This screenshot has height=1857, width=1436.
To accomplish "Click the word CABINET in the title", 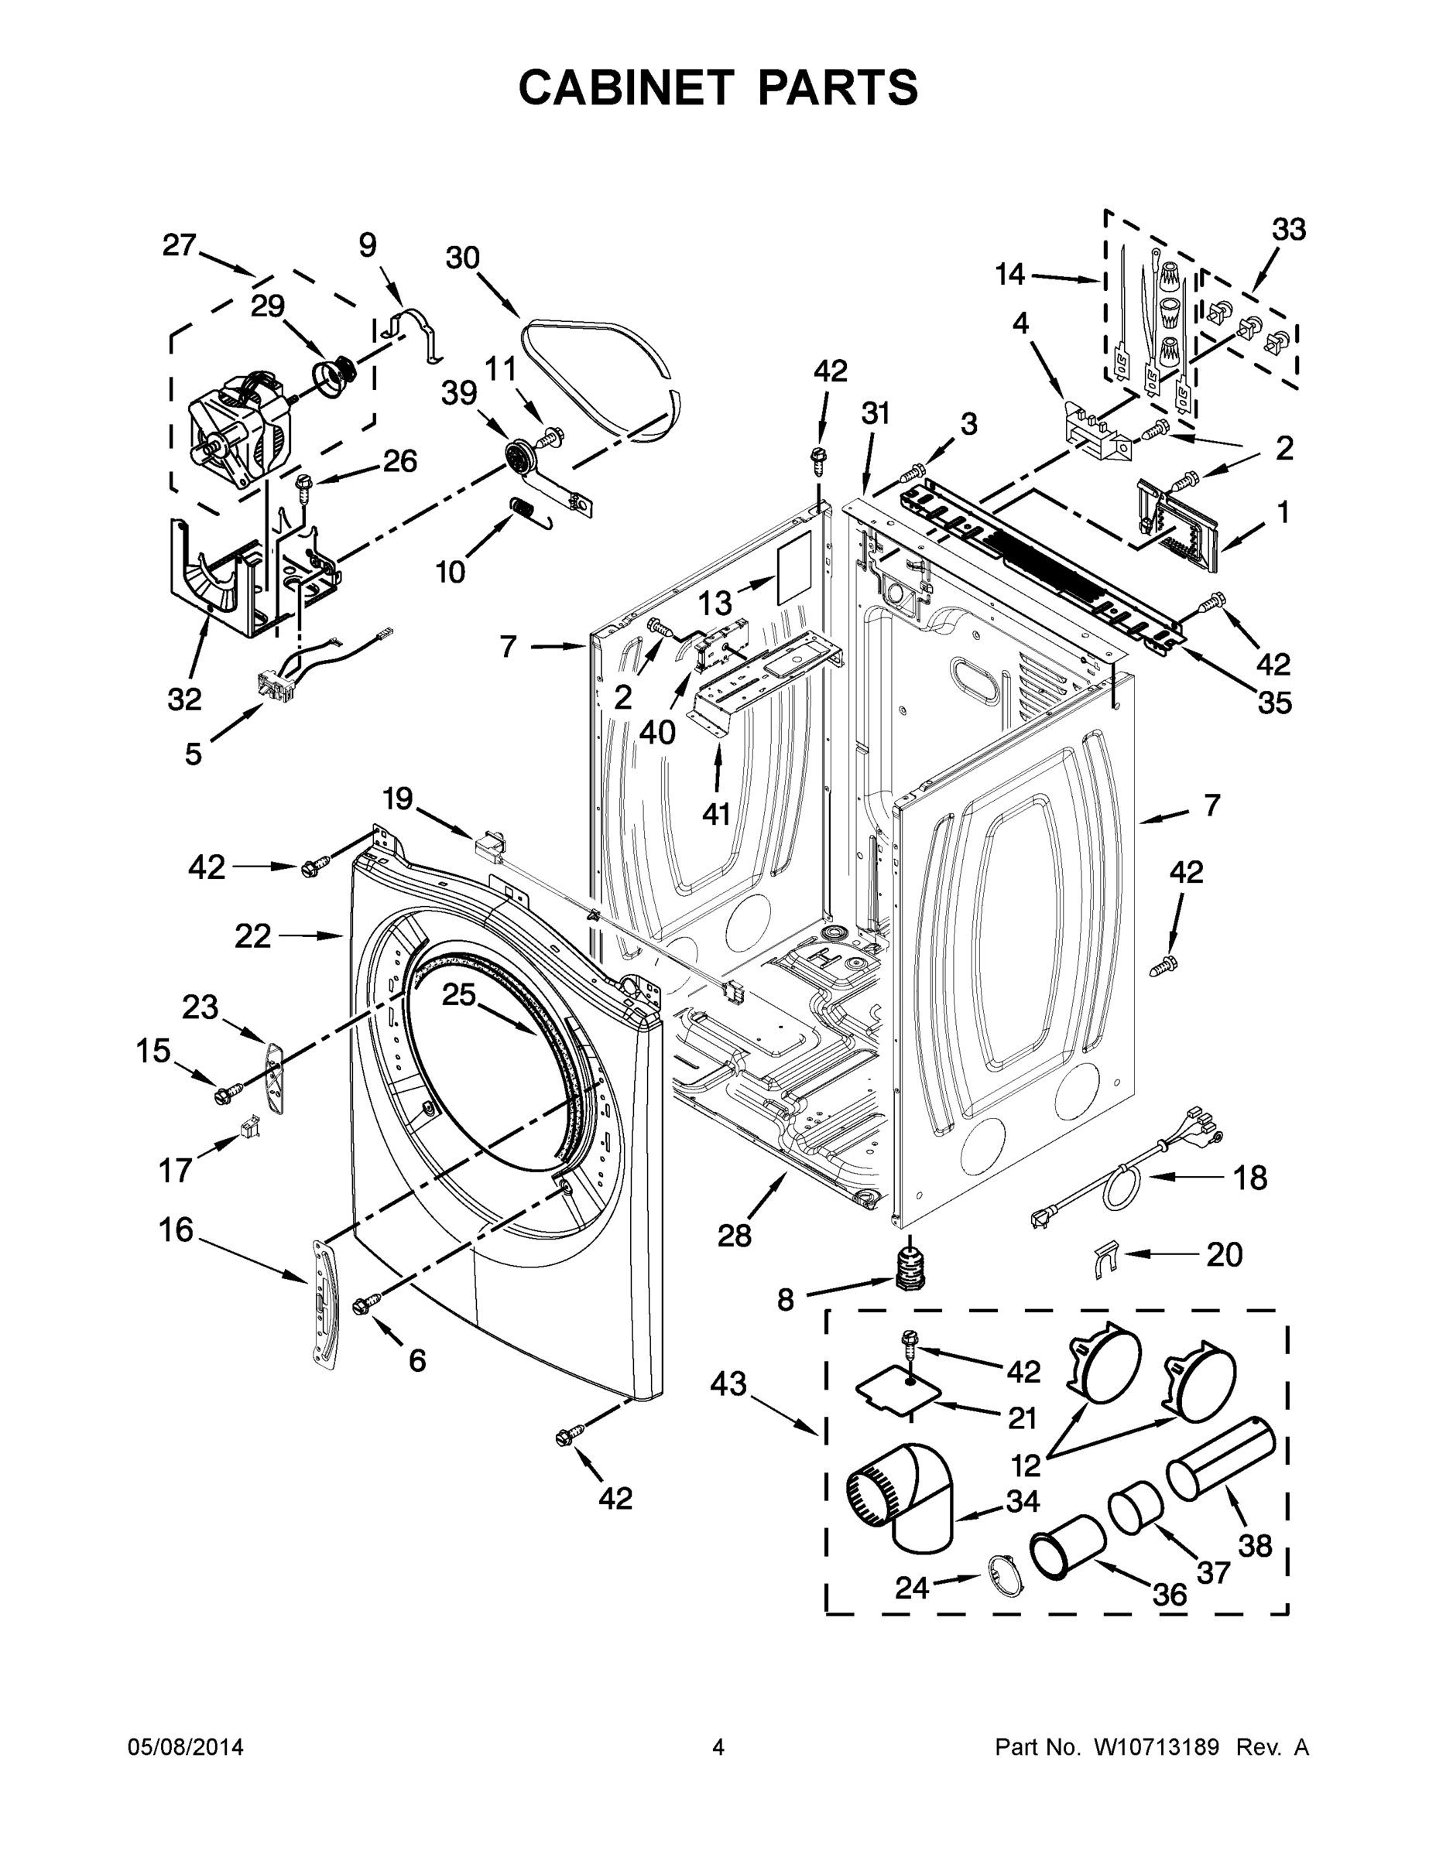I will point(625,87).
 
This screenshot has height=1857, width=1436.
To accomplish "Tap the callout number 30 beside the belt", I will point(463,258).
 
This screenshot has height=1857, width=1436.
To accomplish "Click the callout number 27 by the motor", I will point(180,246).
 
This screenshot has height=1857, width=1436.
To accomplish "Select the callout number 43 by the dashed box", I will point(729,1384).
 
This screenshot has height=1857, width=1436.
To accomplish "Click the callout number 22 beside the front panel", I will point(252,936).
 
